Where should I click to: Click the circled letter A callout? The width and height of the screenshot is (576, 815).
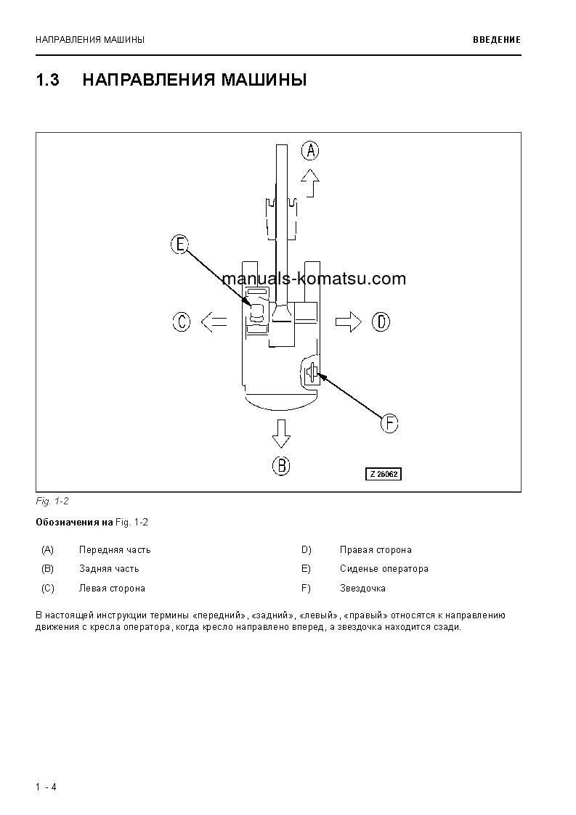[x=310, y=151]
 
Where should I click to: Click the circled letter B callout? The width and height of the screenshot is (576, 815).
[x=281, y=465]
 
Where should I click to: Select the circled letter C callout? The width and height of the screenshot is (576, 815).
[x=182, y=322]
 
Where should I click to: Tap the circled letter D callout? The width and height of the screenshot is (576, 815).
[x=381, y=322]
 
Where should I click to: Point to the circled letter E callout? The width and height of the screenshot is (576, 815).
[x=179, y=245]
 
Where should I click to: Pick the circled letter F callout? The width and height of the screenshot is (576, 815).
[x=390, y=423]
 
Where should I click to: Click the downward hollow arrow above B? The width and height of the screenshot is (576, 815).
[x=281, y=433]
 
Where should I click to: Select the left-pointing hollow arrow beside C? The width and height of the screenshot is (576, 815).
[x=214, y=322]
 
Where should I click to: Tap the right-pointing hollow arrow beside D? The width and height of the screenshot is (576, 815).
[x=349, y=322]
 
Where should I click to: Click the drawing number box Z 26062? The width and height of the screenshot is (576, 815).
[x=383, y=474]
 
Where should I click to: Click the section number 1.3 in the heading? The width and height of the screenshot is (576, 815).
[x=47, y=80]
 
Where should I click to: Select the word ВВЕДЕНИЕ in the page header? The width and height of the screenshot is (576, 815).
[x=497, y=40]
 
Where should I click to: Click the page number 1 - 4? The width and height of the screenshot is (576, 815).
[x=46, y=787]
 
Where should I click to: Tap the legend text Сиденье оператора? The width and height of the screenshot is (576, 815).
[x=384, y=569]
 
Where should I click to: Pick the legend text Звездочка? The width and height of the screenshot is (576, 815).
[x=362, y=589]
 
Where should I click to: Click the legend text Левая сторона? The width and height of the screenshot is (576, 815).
[x=112, y=589]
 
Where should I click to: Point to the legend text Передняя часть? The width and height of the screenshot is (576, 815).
[x=115, y=550]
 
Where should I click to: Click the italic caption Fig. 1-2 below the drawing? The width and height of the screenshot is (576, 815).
[x=52, y=501]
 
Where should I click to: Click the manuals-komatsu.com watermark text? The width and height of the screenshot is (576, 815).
[x=304, y=279]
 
